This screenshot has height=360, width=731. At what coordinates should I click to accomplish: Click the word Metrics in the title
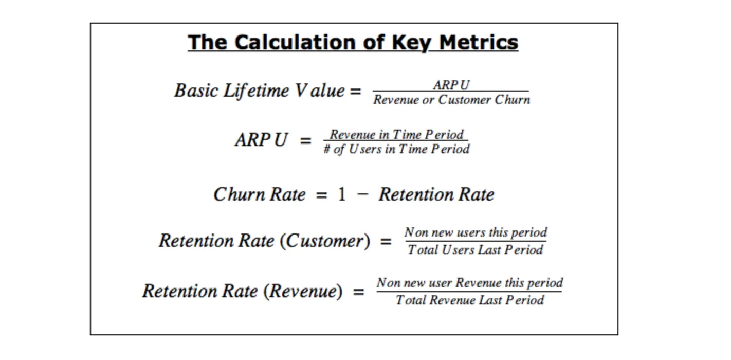[479, 43]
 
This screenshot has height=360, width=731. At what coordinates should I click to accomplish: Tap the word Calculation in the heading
[295, 43]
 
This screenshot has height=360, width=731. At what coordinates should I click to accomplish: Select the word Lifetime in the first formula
[256, 91]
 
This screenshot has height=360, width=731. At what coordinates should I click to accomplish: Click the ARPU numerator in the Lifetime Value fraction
[451, 85]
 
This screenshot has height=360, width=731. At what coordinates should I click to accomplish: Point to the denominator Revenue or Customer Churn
[452, 100]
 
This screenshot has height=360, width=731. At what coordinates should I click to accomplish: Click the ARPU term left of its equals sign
[261, 140]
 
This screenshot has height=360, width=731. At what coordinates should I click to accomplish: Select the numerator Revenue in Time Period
[396, 134]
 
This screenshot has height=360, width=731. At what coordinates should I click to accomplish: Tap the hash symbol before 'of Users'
[326, 149]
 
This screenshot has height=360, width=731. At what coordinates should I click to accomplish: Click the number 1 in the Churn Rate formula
[342, 194]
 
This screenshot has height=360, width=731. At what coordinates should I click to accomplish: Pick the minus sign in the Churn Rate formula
[362, 195]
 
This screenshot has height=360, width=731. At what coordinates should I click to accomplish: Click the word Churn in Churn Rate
[239, 194]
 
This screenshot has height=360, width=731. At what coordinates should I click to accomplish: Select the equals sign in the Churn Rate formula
[321, 195]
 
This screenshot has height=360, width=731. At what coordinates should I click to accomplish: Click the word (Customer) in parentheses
[325, 241]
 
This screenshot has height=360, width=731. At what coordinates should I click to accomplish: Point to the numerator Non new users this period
[476, 232]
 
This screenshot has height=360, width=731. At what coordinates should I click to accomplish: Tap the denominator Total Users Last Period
[475, 249]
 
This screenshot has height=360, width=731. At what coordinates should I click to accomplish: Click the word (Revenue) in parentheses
[303, 291]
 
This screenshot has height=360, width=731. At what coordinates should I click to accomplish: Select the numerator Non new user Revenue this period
[470, 283]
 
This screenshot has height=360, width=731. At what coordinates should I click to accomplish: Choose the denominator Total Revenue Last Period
[470, 300]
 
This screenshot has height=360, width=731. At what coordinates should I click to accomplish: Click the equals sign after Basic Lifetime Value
[356, 91]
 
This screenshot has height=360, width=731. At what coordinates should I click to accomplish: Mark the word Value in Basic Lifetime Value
[319, 91]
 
